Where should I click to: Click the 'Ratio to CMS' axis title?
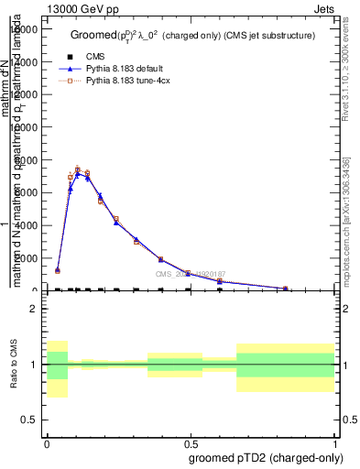tap(15, 365)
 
